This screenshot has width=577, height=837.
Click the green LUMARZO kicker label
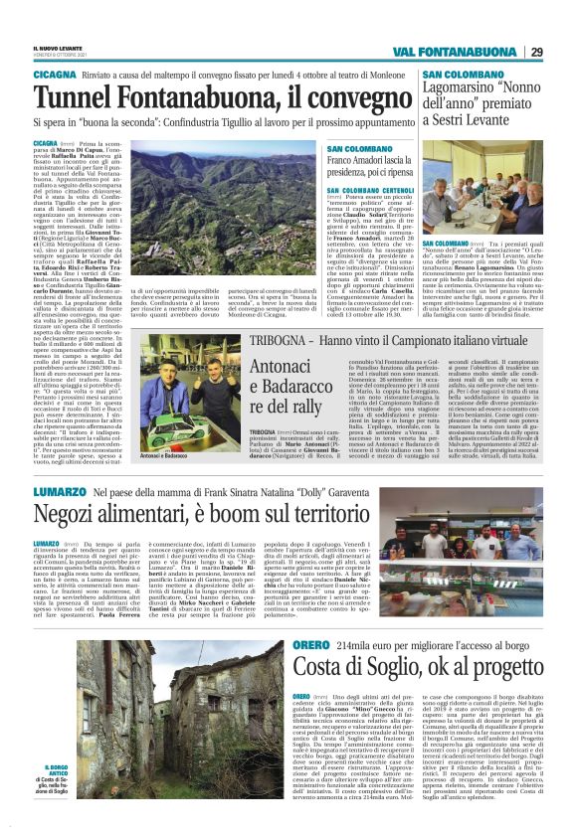point(59,492)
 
